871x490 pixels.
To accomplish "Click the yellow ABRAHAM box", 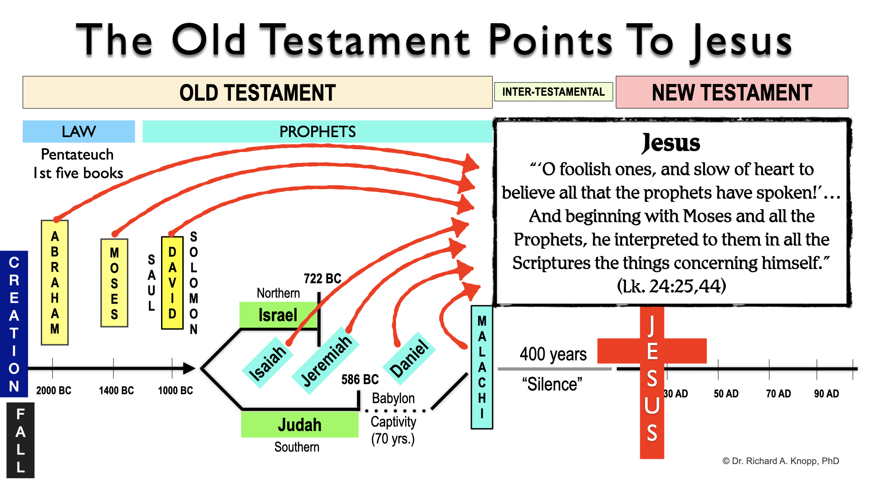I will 55,282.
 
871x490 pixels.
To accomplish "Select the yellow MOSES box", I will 114,283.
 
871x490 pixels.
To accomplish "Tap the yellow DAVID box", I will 172,282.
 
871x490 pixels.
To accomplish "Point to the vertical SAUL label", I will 152,282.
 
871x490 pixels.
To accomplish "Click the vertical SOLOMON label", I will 194,282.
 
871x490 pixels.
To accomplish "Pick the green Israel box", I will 278,315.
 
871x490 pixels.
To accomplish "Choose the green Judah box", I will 299,425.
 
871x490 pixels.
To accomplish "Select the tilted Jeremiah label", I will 326,361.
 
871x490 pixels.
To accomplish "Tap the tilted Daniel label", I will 409,358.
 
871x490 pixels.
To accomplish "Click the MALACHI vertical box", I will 482,367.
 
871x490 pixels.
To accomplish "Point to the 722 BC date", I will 322,278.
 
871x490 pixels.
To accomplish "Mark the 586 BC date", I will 360,379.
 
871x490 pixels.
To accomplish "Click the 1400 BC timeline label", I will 116,390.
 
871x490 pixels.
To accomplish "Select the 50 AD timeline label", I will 726,393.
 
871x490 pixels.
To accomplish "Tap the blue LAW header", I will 79,132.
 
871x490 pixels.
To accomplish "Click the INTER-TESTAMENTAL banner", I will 553,92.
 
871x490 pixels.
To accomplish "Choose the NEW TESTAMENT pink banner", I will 732,93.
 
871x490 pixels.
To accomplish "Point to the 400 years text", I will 553,354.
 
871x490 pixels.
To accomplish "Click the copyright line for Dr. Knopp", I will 780,461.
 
